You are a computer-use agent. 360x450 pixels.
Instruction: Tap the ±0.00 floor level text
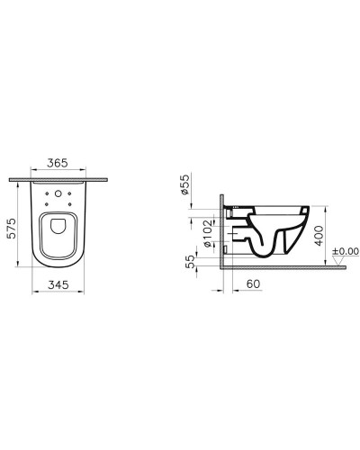(345, 251)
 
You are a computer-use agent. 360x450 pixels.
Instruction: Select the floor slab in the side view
(279, 266)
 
